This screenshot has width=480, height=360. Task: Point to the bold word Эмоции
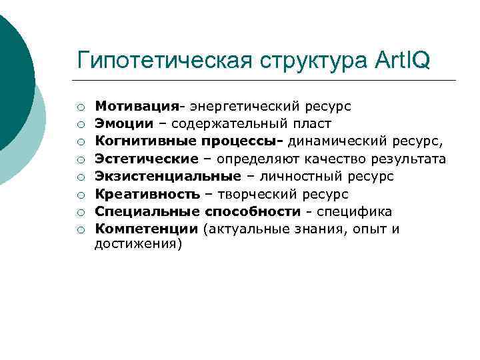[120, 123]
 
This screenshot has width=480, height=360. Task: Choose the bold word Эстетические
[146, 159]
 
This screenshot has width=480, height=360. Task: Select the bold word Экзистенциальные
[167, 176]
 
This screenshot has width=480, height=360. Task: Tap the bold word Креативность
[147, 194]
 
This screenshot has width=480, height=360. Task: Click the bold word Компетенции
[147, 229]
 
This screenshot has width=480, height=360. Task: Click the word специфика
[354, 212]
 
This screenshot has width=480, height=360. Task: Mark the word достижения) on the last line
[138, 244]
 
